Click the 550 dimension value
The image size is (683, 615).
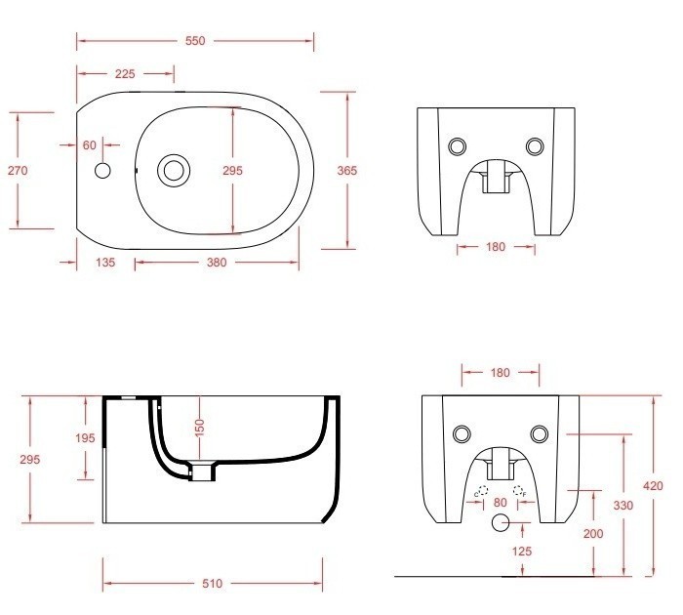(x=196, y=41)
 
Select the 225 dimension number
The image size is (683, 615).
(x=125, y=74)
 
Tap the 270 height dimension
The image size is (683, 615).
(x=18, y=170)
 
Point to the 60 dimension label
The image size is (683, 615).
(x=89, y=144)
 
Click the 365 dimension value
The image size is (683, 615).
(x=347, y=170)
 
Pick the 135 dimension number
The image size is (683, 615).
(x=105, y=262)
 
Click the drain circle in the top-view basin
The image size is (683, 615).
(x=175, y=170)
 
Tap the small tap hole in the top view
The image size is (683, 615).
(x=103, y=171)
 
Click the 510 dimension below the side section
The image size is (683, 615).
(x=213, y=584)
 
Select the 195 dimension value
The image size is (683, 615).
(x=85, y=438)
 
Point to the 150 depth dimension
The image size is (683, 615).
(x=198, y=427)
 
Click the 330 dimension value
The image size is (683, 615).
(x=623, y=505)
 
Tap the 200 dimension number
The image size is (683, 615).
(x=592, y=533)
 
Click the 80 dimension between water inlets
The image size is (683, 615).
(x=500, y=502)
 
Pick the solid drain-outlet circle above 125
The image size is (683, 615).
(x=500, y=523)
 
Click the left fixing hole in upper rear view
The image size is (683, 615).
(x=457, y=146)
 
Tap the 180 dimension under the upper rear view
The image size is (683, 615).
(x=496, y=247)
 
